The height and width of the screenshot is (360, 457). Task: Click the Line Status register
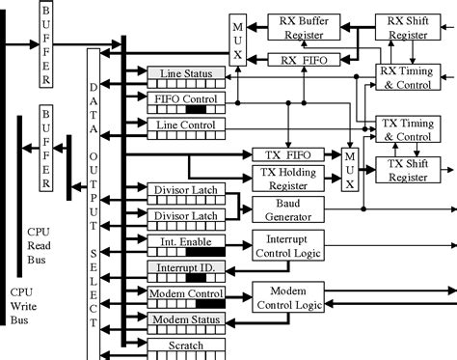point(185,73)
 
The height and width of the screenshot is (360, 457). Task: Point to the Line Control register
point(185,125)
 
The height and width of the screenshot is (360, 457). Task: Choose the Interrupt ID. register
point(185,266)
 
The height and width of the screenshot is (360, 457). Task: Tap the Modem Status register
point(185,318)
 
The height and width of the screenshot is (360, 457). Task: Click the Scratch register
point(185,344)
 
